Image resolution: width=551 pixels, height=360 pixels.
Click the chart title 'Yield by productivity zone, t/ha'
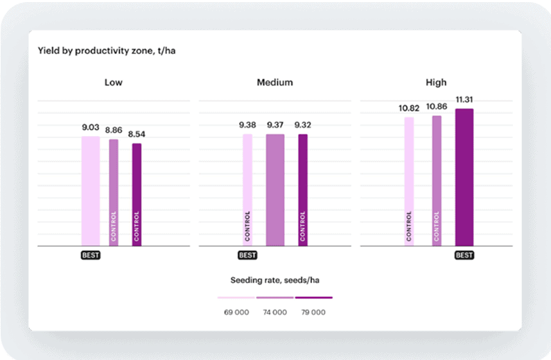[107, 51]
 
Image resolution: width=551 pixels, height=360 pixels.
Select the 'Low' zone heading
[113, 83]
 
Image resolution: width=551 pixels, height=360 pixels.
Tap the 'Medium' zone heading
[274, 83]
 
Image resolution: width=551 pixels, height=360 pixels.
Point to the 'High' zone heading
[436, 83]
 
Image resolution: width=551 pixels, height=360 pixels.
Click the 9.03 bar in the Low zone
[91, 191]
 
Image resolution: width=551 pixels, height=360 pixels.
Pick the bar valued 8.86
[114, 193]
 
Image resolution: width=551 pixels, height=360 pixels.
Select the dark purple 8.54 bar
[137, 195]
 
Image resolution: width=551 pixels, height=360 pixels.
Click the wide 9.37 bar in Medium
[275, 190]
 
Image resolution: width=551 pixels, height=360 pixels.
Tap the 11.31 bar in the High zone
[464, 178]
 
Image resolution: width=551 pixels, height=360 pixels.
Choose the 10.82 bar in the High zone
[409, 182]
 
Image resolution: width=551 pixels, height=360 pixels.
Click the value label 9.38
[247, 125]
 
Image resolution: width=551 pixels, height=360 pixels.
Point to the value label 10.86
[437, 107]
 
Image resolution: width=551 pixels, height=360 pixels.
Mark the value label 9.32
[303, 125]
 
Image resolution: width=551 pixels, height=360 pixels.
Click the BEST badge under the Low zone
[91, 255]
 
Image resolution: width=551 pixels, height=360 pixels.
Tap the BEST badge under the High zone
[464, 255]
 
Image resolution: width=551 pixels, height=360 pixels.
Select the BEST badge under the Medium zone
[247, 255]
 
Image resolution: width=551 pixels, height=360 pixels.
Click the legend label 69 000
[236, 312]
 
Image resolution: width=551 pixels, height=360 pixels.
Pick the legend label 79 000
[313, 312]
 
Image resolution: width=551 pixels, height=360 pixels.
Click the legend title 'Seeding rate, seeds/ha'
[274, 280]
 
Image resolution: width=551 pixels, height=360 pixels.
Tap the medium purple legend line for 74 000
[274, 298]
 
